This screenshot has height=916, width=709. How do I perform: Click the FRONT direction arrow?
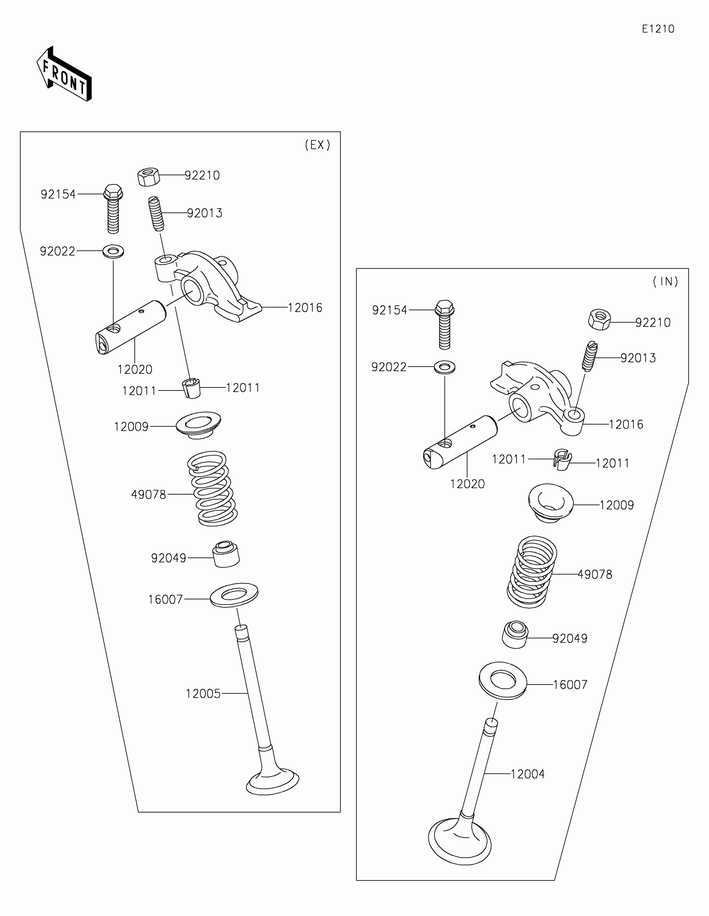click(64, 75)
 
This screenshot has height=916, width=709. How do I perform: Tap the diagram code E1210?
click(658, 29)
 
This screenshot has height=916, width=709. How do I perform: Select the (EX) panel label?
click(317, 145)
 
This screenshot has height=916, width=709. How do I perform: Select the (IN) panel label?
click(665, 282)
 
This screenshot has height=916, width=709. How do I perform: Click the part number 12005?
click(203, 694)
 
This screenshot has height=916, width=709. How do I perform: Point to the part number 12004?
click(528, 774)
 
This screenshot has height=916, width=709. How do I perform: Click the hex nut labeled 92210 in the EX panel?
click(148, 176)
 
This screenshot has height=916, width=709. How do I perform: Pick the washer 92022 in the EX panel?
click(113, 252)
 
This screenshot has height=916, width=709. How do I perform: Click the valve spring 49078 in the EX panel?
click(212, 488)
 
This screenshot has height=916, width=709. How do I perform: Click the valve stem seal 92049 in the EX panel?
click(226, 554)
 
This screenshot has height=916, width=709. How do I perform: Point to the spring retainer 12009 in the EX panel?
click(199, 425)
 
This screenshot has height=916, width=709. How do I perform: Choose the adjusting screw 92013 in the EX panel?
click(156, 214)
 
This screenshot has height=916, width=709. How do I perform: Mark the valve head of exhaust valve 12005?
click(272, 783)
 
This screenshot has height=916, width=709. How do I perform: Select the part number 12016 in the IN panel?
click(626, 425)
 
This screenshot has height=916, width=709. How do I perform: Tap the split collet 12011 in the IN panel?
click(562, 460)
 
